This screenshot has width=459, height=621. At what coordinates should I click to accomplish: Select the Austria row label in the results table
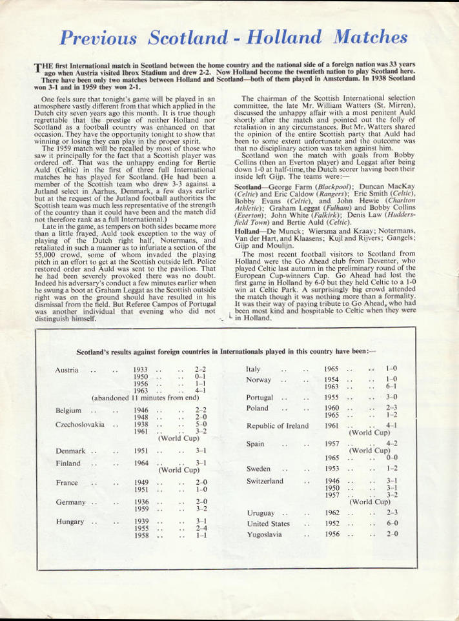click(x=67, y=370)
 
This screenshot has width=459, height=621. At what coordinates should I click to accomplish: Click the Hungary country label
click(x=70, y=522)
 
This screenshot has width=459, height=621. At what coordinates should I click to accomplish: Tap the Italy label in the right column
click(x=253, y=369)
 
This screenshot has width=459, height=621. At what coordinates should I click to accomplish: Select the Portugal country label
click(x=260, y=398)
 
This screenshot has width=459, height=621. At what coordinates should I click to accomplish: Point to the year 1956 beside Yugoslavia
click(x=332, y=534)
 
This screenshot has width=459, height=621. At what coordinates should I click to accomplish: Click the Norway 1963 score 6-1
click(x=391, y=386)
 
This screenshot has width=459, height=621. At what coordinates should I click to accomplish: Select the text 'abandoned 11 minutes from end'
click(x=145, y=398)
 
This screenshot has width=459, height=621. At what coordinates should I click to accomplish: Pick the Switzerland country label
click(x=265, y=481)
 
